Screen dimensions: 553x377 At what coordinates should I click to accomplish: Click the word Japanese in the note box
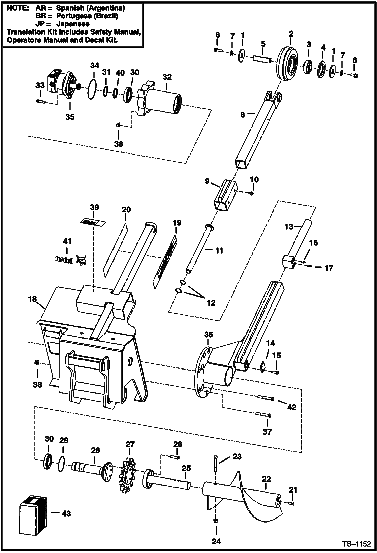pos(73,24)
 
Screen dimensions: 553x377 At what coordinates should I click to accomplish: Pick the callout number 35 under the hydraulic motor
pos(70,117)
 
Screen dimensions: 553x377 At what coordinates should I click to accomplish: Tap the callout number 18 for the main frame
pos(32,299)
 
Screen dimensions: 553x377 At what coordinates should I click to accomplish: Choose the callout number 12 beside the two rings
pos(211,303)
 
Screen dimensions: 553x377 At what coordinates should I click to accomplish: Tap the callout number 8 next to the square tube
pos(242,115)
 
